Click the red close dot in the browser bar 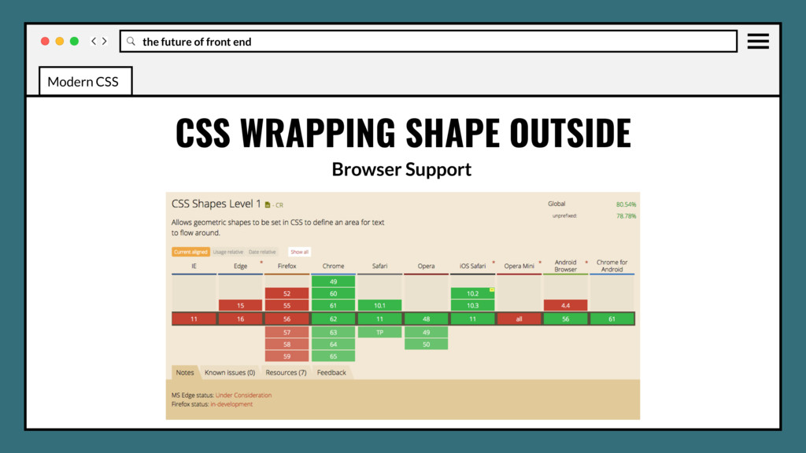click(45, 41)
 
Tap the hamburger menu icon click(758, 41)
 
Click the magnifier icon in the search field click(131, 41)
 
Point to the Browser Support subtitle click(401, 169)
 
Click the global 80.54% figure click(626, 204)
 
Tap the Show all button click(299, 252)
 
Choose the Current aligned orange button click(190, 252)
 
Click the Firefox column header click(287, 266)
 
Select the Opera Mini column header click(519, 266)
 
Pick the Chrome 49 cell click(334, 280)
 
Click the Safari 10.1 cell click(379, 305)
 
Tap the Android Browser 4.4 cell click(565, 305)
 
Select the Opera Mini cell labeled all click(519, 319)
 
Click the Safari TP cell click(379, 332)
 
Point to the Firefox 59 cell click(287, 357)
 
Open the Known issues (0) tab click(230, 373)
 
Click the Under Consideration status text click(243, 395)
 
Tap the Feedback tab click(331, 373)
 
